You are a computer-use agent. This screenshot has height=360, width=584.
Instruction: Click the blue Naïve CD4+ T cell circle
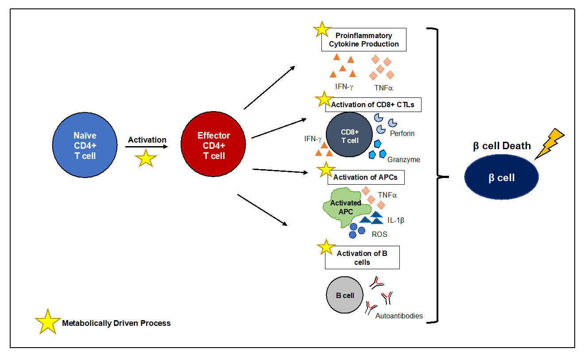(x=85, y=144)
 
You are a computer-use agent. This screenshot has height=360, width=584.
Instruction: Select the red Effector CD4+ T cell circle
(x=214, y=144)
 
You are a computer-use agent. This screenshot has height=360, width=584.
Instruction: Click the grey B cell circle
(x=345, y=295)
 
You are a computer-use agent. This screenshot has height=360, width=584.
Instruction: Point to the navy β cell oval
(x=502, y=178)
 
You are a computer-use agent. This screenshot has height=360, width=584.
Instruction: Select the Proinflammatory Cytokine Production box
(x=364, y=40)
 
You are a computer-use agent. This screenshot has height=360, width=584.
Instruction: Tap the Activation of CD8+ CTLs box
(x=373, y=105)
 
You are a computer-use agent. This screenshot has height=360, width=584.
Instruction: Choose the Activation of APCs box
(x=366, y=178)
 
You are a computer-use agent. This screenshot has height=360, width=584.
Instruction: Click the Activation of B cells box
(x=362, y=258)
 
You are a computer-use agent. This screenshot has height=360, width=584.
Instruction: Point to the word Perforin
(x=402, y=133)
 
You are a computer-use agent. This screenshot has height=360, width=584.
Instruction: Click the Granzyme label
(x=404, y=159)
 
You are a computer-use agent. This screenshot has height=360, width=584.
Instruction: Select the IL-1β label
(x=396, y=220)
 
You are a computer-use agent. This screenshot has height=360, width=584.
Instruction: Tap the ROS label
(x=379, y=234)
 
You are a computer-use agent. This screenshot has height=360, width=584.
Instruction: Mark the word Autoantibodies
(x=399, y=316)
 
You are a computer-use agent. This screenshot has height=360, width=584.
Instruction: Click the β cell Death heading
(x=502, y=146)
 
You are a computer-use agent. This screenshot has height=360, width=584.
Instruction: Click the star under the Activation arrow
(x=146, y=158)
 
